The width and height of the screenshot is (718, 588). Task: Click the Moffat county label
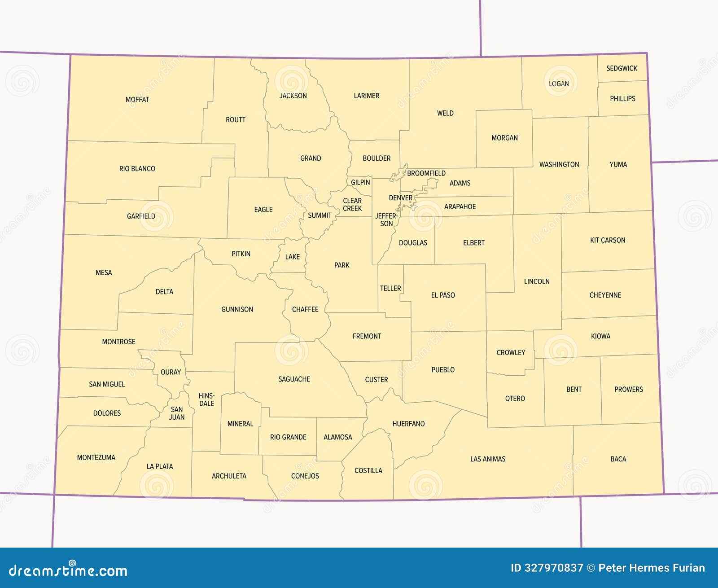[x=137, y=100]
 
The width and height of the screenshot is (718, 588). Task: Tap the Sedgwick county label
[x=622, y=68]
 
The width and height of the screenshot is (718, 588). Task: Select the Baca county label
[x=618, y=459]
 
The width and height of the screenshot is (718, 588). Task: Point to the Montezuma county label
[x=96, y=457]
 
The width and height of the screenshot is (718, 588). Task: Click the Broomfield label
[x=426, y=173]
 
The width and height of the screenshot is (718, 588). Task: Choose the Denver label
[x=400, y=198]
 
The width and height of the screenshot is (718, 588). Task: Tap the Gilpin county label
[x=360, y=182]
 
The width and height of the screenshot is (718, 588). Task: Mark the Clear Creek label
[x=352, y=205]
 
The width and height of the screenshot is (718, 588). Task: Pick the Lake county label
[x=292, y=257]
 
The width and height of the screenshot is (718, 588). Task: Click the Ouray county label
[x=171, y=372]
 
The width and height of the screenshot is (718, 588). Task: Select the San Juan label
[x=177, y=413]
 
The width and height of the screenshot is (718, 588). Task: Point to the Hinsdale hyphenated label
[x=206, y=399]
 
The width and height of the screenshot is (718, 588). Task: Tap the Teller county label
[x=390, y=288]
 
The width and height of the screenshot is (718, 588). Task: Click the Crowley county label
[x=511, y=352]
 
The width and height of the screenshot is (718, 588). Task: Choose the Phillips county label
[x=622, y=98]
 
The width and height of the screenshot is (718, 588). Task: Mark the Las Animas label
[x=487, y=459]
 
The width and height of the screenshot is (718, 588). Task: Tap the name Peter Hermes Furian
[x=652, y=568]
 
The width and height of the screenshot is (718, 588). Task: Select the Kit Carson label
[x=607, y=240]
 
